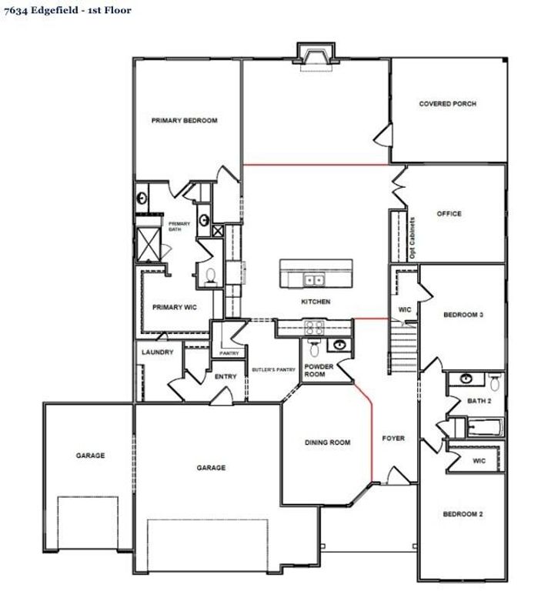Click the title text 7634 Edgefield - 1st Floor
[x=67, y=11]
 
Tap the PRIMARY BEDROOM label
[x=184, y=121]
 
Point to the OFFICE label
[x=449, y=213]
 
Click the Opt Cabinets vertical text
[x=413, y=237]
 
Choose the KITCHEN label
[x=316, y=302]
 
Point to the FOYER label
[x=393, y=439]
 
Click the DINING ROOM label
[x=328, y=442]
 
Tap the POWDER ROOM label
[x=319, y=370]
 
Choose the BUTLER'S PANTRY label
[x=274, y=370]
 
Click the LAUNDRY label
[x=158, y=352]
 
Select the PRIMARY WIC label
[x=174, y=307]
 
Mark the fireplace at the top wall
[x=316, y=55]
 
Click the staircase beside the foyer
[x=403, y=346]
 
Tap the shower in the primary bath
[x=146, y=244]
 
